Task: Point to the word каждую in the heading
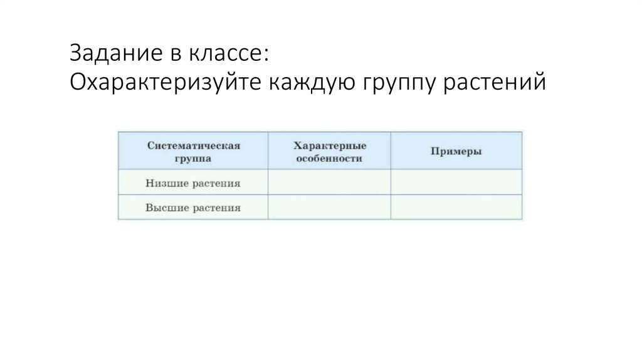[310, 82]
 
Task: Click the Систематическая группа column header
[193, 151]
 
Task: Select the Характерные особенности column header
[330, 151]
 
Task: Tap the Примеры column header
[456, 151]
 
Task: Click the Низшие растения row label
[193, 183]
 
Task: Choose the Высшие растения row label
[193, 207]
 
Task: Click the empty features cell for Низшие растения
[330, 183]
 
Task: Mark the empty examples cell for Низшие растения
[456, 183]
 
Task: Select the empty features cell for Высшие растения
[330, 207]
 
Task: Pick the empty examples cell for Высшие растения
[456, 207]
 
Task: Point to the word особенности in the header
[330, 158]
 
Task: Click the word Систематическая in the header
[194, 145]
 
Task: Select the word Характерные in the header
[330, 145]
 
